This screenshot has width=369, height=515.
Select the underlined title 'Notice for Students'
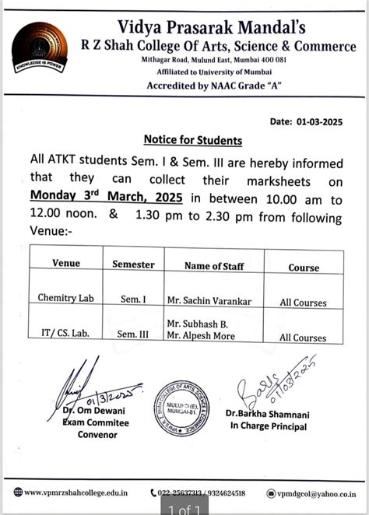192,141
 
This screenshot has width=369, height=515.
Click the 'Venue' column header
66,264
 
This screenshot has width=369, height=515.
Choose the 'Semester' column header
133,265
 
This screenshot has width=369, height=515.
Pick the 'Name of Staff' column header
214,266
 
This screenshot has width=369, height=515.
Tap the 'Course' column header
304,268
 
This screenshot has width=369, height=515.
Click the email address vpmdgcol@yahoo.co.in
315,493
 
